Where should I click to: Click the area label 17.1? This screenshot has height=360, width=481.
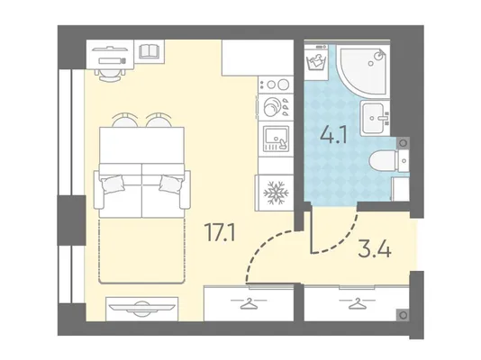(220, 232)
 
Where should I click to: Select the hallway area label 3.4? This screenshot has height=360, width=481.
(375, 248)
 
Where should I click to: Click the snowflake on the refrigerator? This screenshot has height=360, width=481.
(277, 193)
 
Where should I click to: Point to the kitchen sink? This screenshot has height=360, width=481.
(277, 139)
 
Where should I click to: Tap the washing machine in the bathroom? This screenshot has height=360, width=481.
(316, 62)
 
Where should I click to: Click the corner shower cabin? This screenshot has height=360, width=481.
(362, 70)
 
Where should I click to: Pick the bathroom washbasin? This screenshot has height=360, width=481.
(375, 118)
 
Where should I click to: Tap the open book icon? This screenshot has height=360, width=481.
(149, 51)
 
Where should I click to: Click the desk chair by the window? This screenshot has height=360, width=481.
(110, 75)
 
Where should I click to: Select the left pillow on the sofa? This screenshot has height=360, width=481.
(113, 184)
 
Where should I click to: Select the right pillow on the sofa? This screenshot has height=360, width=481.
(170, 184)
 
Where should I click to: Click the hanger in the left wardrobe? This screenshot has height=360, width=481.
(249, 303)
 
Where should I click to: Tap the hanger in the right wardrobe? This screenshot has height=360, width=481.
(357, 303)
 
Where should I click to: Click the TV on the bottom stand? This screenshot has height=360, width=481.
(141, 308)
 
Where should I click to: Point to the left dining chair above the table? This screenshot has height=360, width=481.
(124, 120)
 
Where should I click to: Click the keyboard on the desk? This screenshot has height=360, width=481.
(113, 60)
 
